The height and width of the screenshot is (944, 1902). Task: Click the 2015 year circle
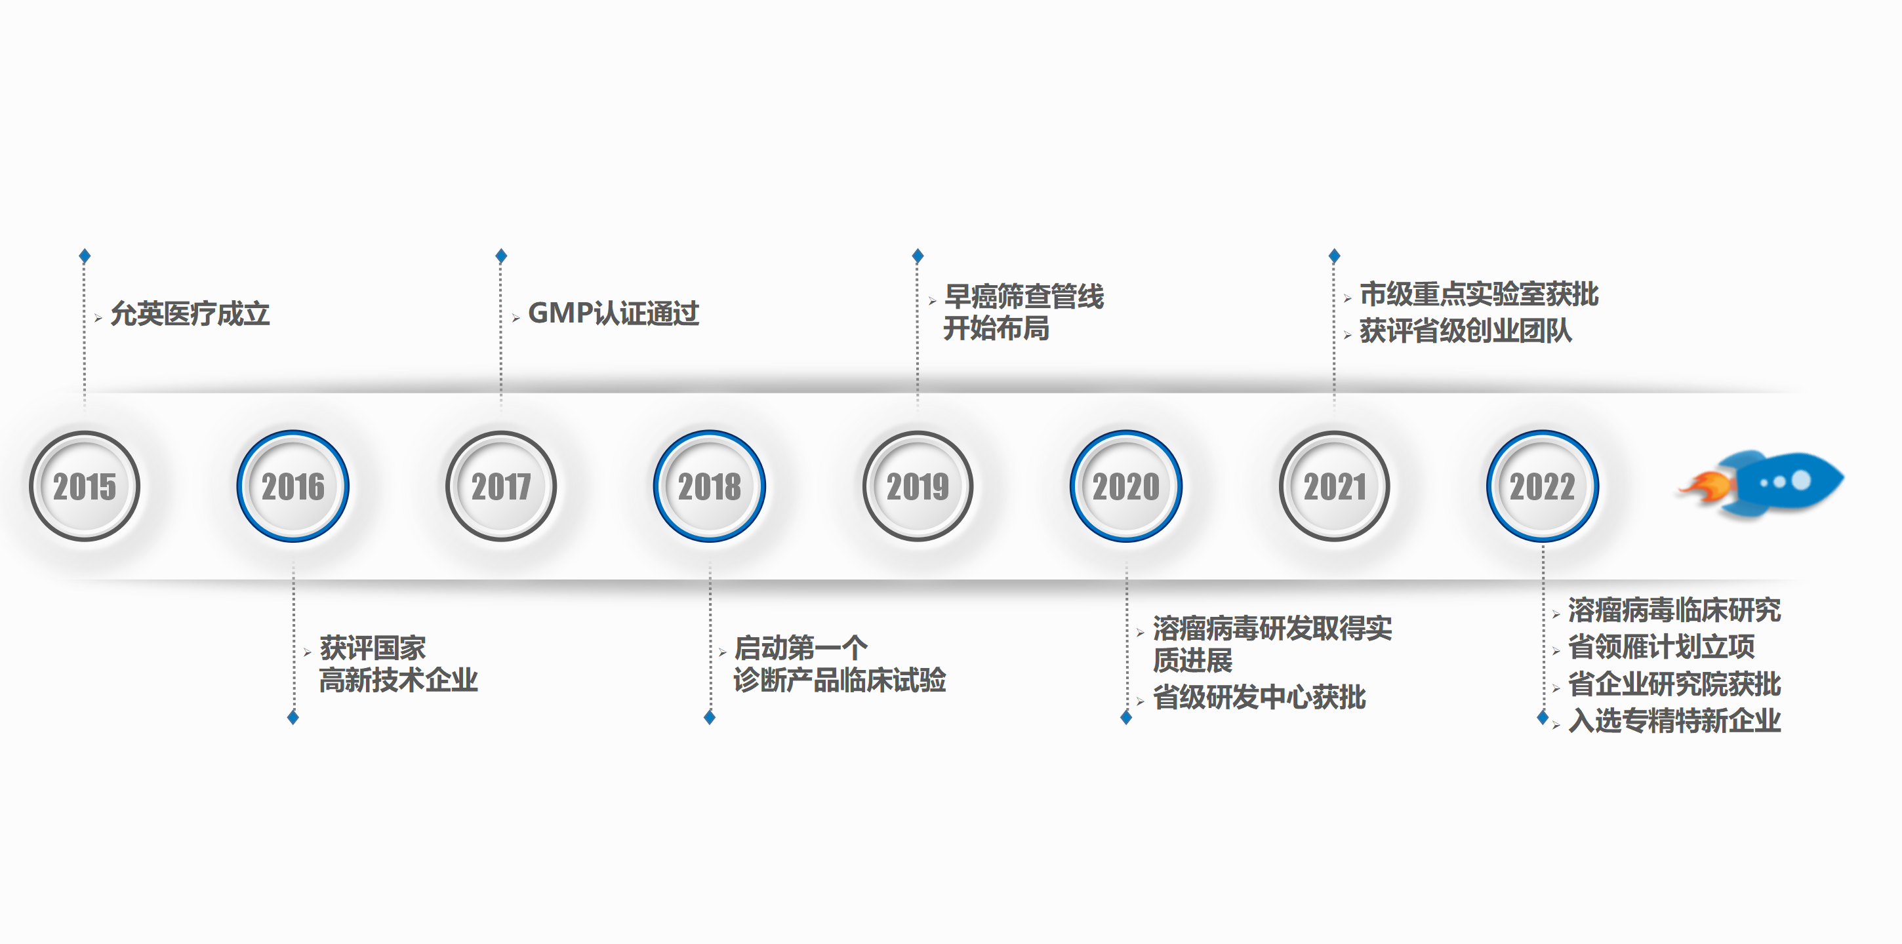point(84,486)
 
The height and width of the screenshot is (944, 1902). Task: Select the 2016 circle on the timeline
point(293,486)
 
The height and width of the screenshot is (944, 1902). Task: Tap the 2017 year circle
point(501,486)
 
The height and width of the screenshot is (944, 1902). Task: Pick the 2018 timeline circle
point(710,486)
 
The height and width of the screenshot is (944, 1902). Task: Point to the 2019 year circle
point(918,486)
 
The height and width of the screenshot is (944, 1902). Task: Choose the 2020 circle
point(1126,486)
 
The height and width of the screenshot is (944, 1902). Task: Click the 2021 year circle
point(1334,486)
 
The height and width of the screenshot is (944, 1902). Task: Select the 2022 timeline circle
point(1543,486)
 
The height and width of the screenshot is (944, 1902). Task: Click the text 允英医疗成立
point(190,313)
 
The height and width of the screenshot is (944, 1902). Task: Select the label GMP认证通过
point(614,313)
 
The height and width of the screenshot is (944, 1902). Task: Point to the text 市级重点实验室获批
point(1479,294)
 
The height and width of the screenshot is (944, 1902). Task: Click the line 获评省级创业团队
point(1466,330)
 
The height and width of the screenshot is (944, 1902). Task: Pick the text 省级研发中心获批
point(1259,697)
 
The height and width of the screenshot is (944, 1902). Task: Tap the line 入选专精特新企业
point(1674,720)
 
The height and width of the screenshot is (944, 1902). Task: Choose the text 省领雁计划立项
point(1661,646)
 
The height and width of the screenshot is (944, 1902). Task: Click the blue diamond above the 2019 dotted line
point(918,256)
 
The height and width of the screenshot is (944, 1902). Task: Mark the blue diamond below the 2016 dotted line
point(293,717)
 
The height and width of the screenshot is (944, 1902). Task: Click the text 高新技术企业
point(398,680)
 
